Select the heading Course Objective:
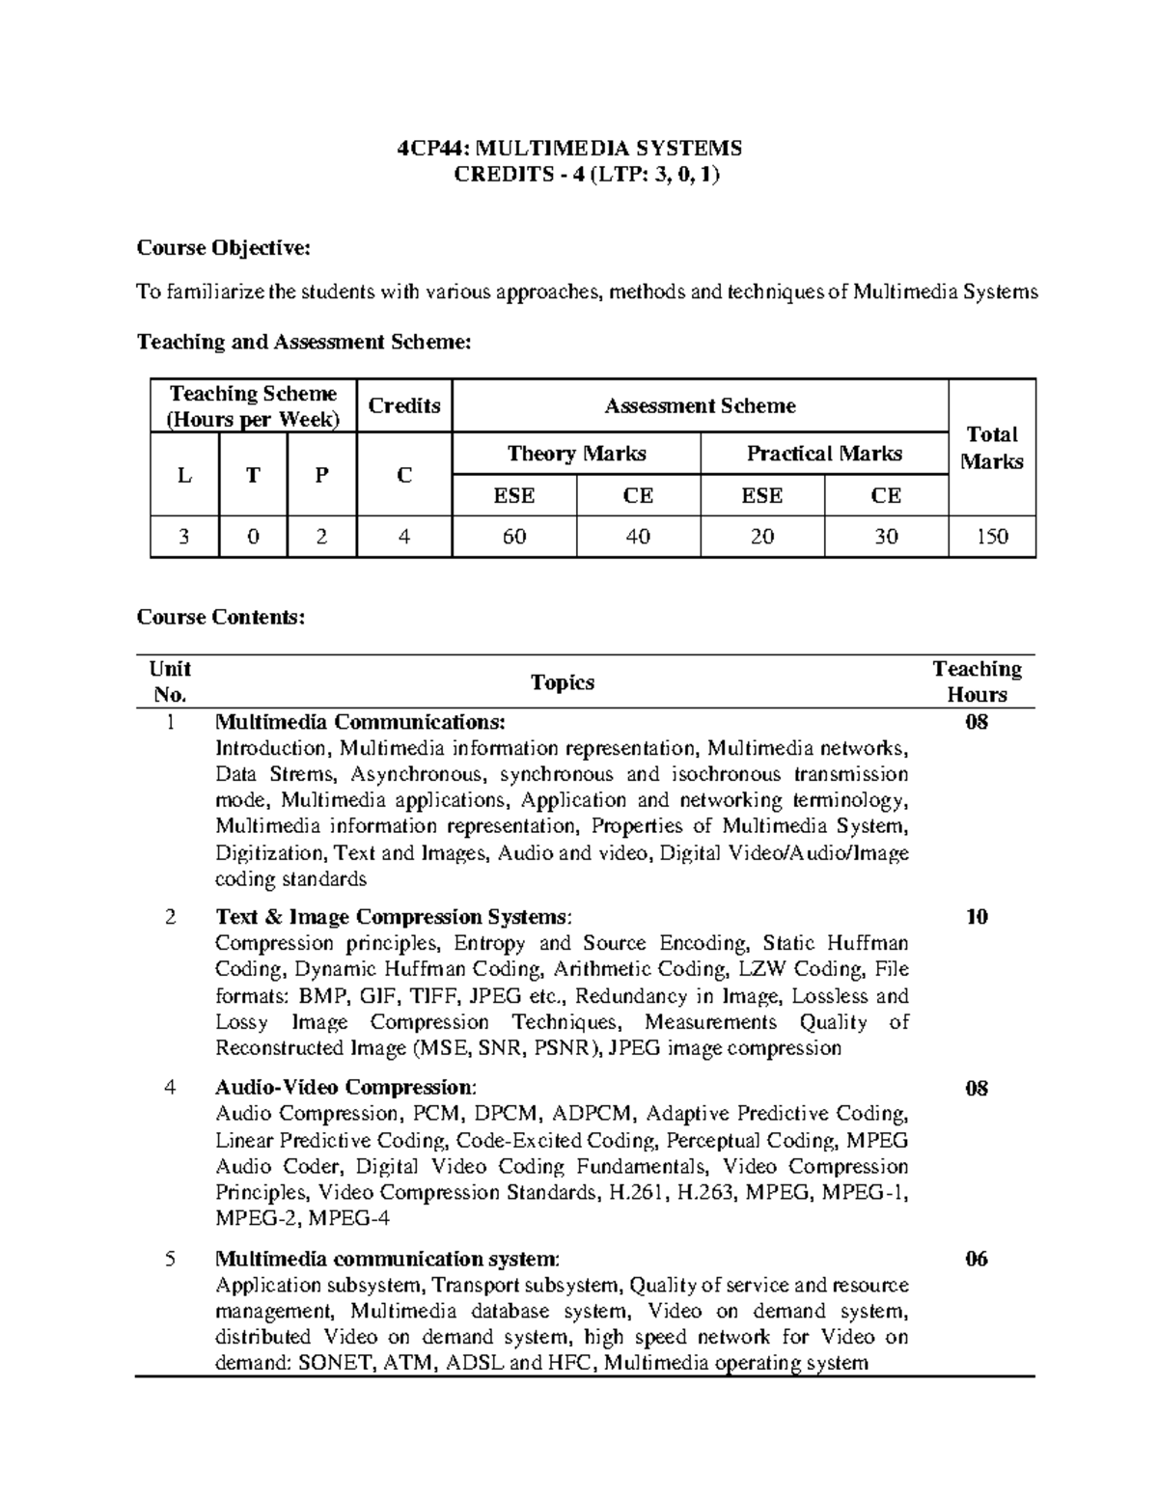224,248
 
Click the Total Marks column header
992,448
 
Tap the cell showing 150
992,537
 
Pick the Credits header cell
404,406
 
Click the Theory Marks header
576,454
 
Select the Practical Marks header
824,454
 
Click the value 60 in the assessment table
514,537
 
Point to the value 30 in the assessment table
886,537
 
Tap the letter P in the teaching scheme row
321,475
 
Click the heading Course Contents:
221,617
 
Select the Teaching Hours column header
977,681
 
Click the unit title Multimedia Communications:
359,722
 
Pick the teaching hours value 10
977,917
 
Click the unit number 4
171,1088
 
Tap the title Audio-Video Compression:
345,1088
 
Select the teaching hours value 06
977,1259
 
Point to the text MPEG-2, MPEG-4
302,1218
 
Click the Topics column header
563,682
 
